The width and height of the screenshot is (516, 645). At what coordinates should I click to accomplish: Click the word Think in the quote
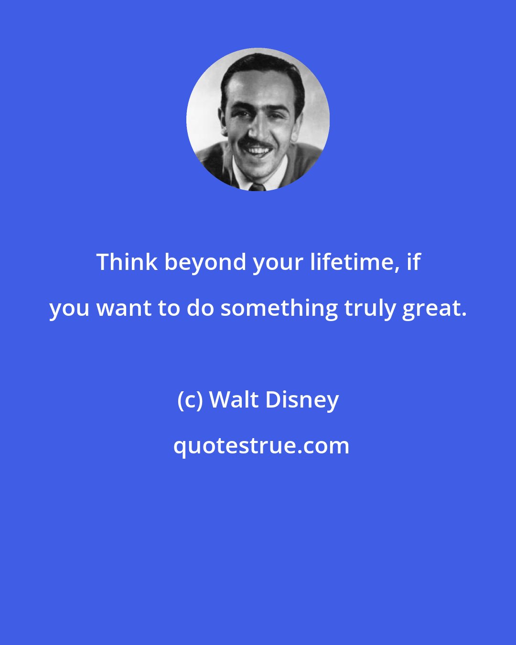[127, 262]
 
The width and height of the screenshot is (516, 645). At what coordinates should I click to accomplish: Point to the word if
[413, 262]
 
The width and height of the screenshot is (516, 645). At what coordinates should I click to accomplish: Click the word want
[126, 309]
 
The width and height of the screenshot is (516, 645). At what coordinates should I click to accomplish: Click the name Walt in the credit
[234, 399]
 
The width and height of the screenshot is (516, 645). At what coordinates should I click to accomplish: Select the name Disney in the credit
[302, 400]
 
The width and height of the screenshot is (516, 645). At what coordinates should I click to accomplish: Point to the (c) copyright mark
[190, 400]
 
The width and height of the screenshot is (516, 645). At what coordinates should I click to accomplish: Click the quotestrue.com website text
[261, 446]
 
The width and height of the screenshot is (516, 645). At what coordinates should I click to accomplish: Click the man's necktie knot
[257, 186]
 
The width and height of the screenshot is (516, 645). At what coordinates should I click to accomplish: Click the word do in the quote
[200, 309]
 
